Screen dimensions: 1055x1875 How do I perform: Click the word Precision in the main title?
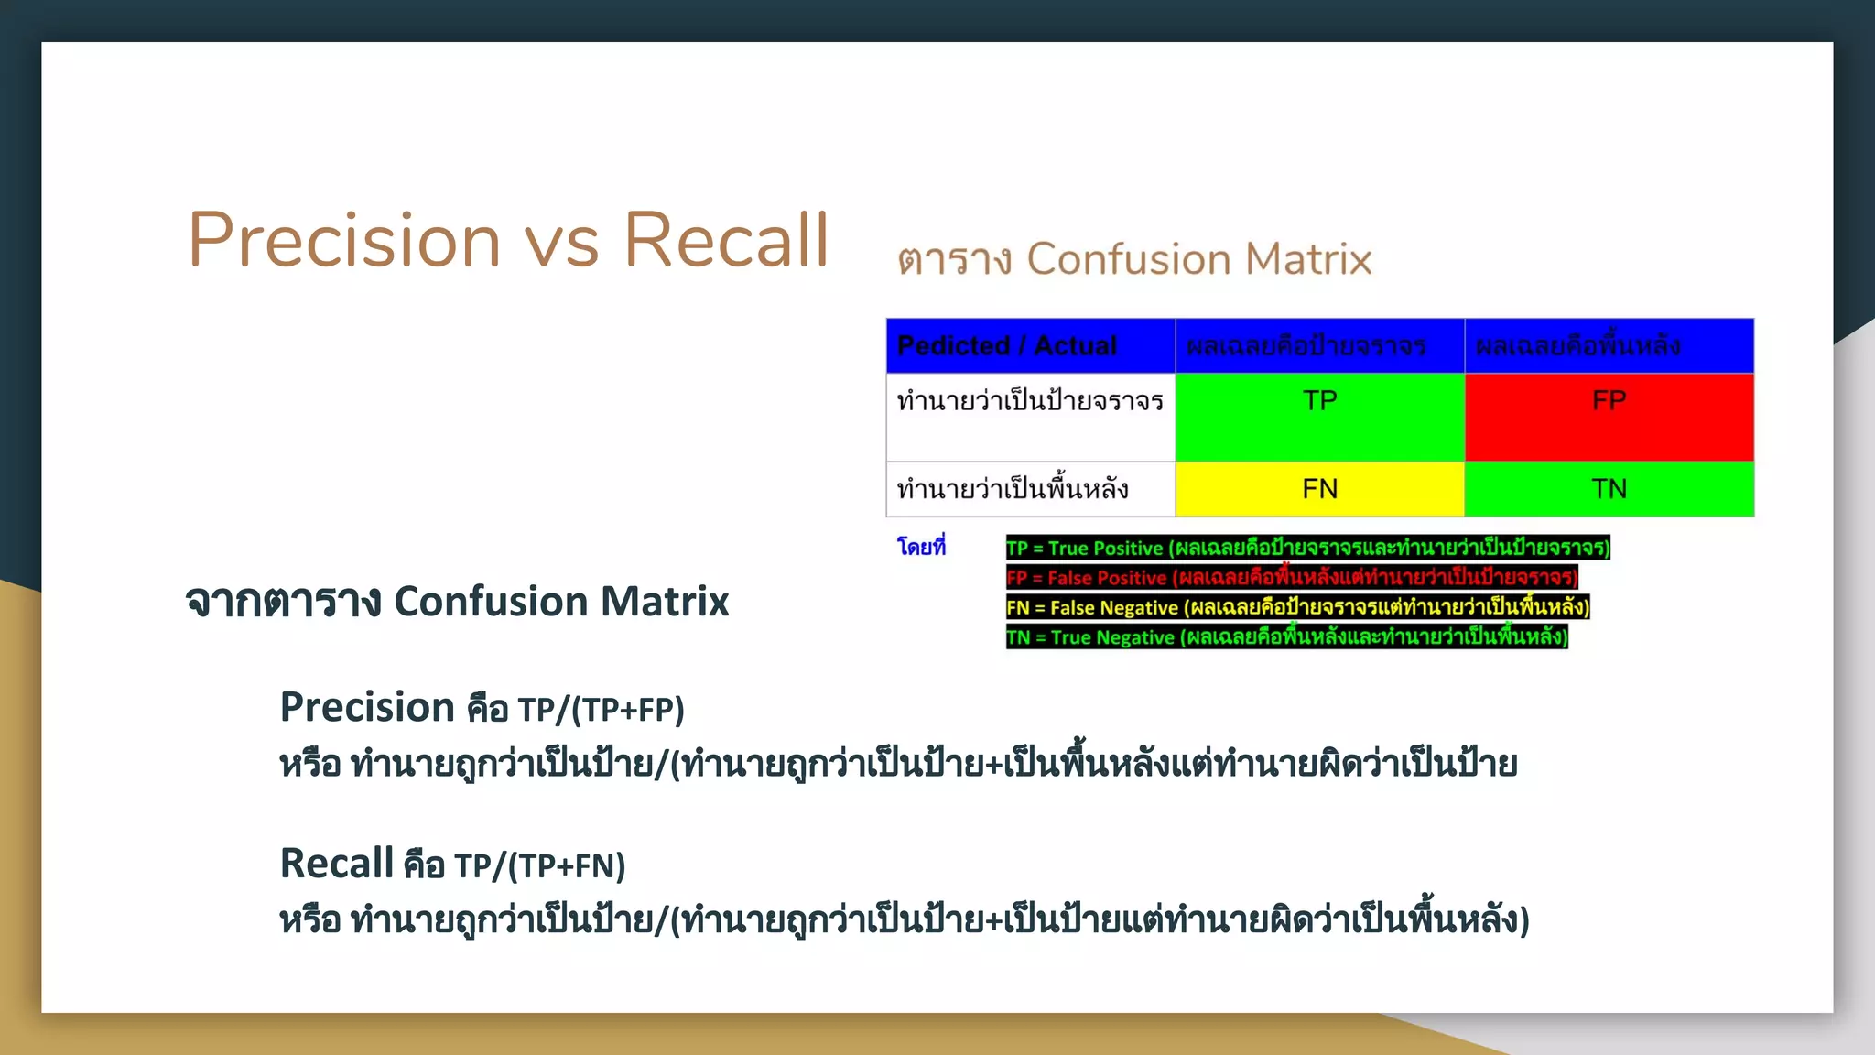(x=344, y=240)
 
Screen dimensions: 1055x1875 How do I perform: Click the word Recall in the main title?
(x=726, y=240)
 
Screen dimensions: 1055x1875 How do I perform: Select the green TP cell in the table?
(x=1319, y=417)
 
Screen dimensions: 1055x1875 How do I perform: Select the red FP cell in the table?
(x=1609, y=417)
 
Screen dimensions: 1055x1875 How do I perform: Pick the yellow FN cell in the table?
(x=1319, y=489)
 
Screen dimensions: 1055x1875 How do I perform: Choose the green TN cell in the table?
(x=1609, y=489)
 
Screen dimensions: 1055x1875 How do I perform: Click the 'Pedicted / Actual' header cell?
(x=1007, y=345)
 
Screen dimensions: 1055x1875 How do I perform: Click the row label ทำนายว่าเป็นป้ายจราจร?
(x=1030, y=401)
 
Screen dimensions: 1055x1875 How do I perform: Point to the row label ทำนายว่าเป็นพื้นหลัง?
(x=1013, y=489)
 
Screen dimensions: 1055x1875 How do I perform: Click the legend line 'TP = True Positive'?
(x=1307, y=548)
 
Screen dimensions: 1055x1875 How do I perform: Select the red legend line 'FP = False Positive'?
(x=1291, y=577)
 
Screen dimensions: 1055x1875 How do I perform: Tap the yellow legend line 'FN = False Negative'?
(x=1297, y=606)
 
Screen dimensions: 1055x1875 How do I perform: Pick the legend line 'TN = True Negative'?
(x=1286, y=636)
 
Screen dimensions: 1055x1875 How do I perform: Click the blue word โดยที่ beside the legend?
(x=921, y=547)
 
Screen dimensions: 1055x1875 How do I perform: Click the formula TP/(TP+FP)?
(x=601, y=710)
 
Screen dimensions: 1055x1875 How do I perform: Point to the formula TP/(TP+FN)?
(x=539, y=865)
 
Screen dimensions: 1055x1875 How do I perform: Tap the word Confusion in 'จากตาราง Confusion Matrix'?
(x=491, y=602)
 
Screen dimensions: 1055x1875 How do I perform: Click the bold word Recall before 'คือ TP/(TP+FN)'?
(x=336, y=864)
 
